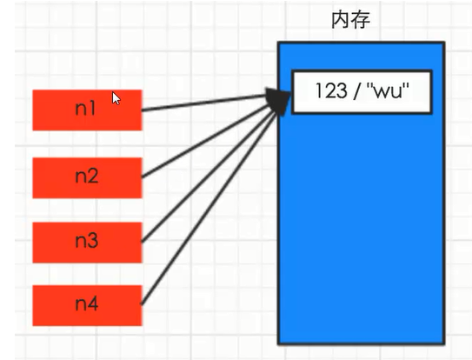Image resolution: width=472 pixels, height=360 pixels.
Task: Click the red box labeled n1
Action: pyautogui.click(x=87, y=110)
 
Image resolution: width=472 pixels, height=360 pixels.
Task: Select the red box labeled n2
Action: pyautogui.click(x=87, y=177)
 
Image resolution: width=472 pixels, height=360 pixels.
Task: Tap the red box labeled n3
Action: pyautogui.click(x=87, y=243)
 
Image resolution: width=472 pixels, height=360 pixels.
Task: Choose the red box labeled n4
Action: pyautogui.click(x=87, y=305)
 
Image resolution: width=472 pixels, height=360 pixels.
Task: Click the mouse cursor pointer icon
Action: pyautogui.click(x=116, y=98)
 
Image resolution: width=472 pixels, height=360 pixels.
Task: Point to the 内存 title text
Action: pyautogui.click(x=350, y=20)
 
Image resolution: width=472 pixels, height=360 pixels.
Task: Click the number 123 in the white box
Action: pyautogui.click(x=331, y=90)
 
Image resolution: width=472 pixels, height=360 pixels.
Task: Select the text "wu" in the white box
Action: pyautogui.click(x=389, y=90)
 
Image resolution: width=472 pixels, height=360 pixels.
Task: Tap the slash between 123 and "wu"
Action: pyautogui.click(x=357, y=90)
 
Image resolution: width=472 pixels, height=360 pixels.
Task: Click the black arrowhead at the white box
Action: pyautogui.click(x=278, y=101)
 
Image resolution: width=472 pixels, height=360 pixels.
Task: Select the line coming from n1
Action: pyautogui.click(x=204, y=103)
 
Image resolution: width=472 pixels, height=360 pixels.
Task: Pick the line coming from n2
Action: pyautogui.click(x=206, y=141)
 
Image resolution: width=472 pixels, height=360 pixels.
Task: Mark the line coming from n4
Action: pyautogui.click(x=209, y=208)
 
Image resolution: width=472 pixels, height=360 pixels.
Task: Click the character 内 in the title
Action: pyautogui.click(x=341, y=20)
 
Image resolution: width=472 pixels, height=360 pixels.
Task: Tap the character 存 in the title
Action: pyautogui.click(x=361, y=20)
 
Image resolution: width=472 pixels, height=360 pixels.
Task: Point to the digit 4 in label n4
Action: pyautogui.click(x=93, y=303)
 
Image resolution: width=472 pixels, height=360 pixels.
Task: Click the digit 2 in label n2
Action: pyautogui.click(x=93, y=176)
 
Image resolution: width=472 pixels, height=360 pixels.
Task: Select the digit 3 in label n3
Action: pyautogui.click(x=93, y=241)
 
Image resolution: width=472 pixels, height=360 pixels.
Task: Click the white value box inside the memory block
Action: pyautogui.click(x=362, y=92)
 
